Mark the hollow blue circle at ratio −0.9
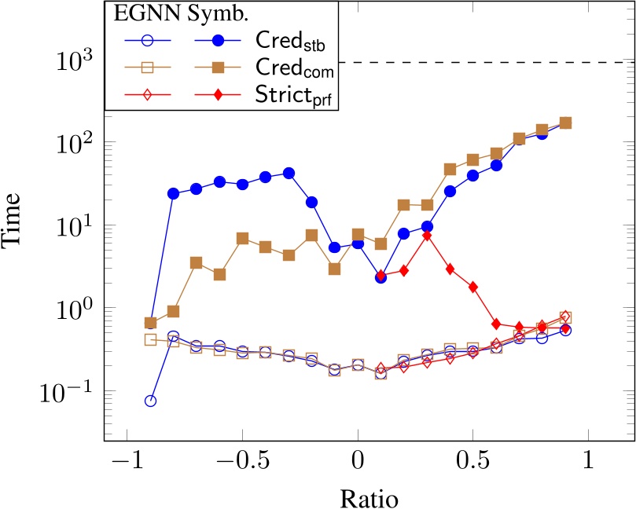click(x=150, y=401)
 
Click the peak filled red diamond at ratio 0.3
click(x=427, y=235)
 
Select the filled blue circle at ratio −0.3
click(x=289, y=173)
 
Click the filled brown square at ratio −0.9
click(x=150, y=323)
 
